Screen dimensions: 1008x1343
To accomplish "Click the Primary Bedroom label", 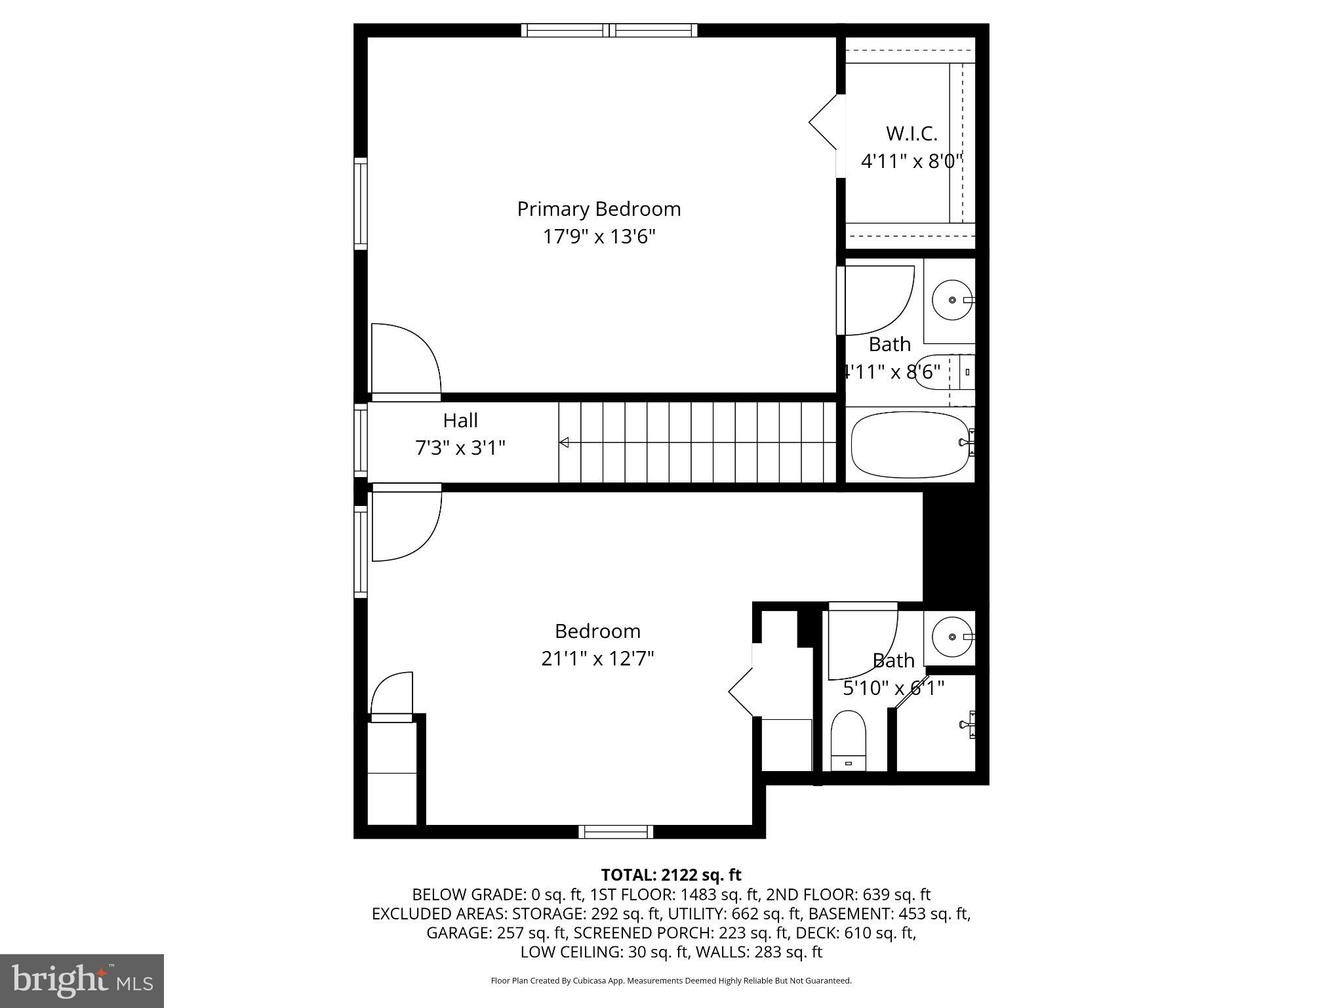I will pos(599,209).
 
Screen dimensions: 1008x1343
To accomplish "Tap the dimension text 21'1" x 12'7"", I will pos(597,658).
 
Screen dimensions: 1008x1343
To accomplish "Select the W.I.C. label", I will pos(912,133).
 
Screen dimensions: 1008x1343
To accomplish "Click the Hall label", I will pos(460,420).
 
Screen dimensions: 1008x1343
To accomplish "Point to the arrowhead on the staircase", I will pos(563,443).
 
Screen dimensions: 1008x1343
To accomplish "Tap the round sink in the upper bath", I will pos(952,300).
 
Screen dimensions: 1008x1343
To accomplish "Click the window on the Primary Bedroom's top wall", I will pos(609,30).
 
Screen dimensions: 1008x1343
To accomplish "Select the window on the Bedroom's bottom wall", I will pos(616,831).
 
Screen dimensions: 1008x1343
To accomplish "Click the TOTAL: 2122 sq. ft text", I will pos(671,875).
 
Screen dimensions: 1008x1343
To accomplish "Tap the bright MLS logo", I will pos(82,980).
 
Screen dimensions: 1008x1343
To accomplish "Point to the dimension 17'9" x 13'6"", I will pos(599,236).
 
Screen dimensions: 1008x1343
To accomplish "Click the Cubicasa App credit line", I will pos(671,980).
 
